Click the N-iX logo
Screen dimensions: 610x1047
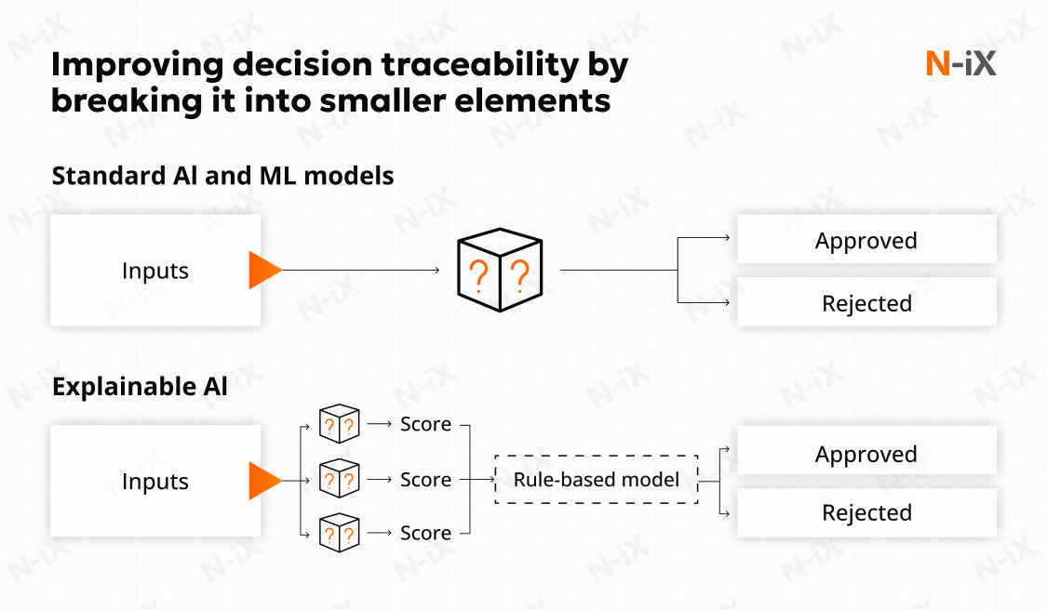click(960, 64)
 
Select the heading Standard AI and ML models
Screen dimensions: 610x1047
click(222, 176)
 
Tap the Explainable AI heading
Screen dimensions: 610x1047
click(140, 387)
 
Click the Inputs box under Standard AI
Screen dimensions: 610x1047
click(154, 271)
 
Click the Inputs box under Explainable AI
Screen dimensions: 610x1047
click(154, 482)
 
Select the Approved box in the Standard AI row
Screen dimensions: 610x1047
click(866, 241)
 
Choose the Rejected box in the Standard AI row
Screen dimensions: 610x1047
click(866, 303)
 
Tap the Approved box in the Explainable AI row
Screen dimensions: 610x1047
click(866, 454)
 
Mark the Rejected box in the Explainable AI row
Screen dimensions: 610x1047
click(866, 512)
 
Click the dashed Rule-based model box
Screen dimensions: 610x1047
click(597, 480)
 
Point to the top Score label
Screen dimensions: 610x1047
click(425, 424)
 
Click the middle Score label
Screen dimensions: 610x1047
click(425, 480)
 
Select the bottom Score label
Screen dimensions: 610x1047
click(425, 533)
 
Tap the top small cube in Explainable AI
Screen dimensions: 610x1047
click(339, 424)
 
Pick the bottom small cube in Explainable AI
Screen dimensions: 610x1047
click(339, 533)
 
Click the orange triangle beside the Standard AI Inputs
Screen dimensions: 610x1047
click(264, 270)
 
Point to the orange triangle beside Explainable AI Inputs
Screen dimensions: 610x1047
click(264, 481)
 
